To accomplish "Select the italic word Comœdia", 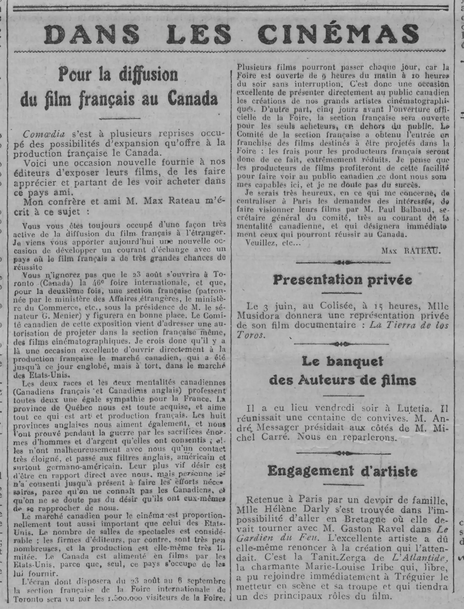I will tap(44, 134).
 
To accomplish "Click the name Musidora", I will tap(257, 315).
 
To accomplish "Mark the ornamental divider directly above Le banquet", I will tap(342, 344).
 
